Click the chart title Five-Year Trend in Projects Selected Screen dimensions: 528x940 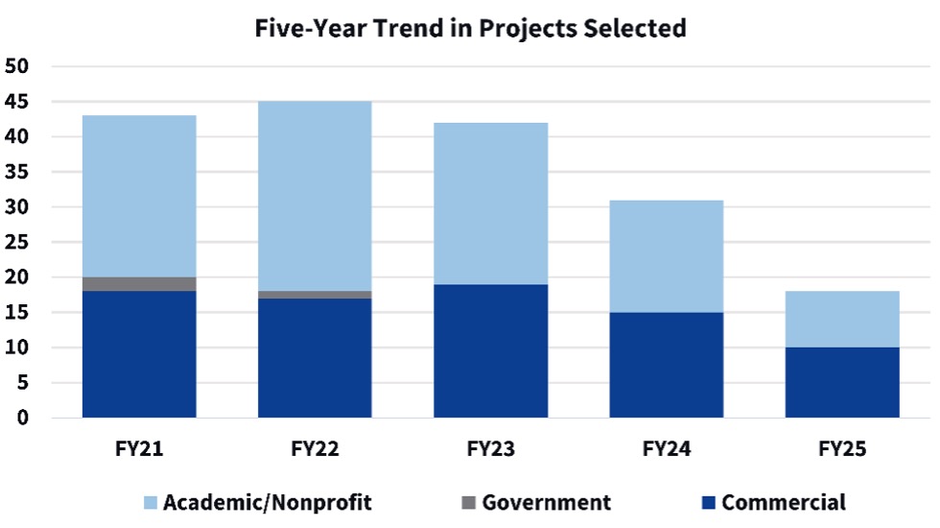[470, 29]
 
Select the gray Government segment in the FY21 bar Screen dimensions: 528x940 [139, 284]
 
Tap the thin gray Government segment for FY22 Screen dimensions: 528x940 [315, 295]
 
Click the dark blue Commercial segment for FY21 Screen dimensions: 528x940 [139, 354]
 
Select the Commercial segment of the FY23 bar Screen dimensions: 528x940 [490, 351]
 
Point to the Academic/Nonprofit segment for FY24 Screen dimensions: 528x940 [666, 256]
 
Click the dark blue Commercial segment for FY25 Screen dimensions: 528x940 [842, 382]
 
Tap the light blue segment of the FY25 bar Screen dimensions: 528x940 [842, 320]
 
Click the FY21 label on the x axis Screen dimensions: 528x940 [139, 448]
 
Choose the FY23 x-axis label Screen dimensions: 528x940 [490, 448]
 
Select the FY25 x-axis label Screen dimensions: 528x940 [842, 448]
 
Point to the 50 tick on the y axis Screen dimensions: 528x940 [19, 67]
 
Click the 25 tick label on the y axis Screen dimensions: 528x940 [19, 243]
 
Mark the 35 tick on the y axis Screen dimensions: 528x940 [19, 173]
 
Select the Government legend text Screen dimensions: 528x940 [546, 502]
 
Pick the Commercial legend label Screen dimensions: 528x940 [784, 502]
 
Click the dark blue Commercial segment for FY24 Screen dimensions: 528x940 [666, 365]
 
